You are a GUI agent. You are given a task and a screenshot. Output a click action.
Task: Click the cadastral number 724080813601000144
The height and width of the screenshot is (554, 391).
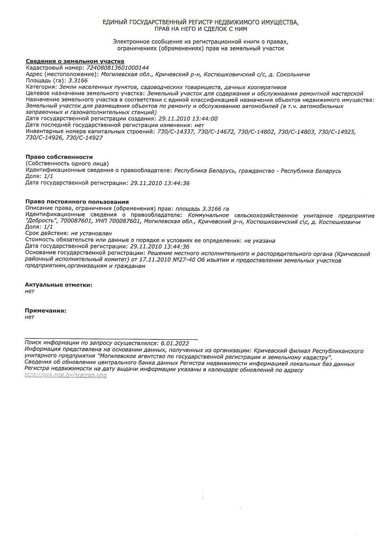pos(118,68)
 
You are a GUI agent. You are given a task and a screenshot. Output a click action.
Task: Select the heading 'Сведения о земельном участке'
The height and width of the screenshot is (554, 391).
pos(75,61)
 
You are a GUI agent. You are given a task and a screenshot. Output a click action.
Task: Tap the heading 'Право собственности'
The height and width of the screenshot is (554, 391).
pos(59,157)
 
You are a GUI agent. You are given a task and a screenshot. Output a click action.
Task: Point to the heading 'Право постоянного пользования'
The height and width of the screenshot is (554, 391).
pos(77,202)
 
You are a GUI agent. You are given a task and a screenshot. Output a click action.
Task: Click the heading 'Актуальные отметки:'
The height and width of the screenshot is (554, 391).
pos(59,285)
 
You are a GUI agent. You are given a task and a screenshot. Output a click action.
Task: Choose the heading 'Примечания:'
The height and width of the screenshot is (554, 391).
pos(46,311)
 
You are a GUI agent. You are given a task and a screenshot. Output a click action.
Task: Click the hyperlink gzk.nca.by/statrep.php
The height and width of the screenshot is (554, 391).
pos(65,375)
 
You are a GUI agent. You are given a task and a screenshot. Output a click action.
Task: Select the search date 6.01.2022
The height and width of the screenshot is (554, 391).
pos(175,343)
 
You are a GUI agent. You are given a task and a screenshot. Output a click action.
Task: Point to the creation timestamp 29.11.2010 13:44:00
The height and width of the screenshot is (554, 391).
pos(188,119)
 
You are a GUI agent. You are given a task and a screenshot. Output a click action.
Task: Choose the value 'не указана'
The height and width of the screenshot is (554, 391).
pos(260,241)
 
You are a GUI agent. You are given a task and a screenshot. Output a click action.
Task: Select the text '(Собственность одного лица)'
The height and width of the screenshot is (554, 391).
pos(67,163)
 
